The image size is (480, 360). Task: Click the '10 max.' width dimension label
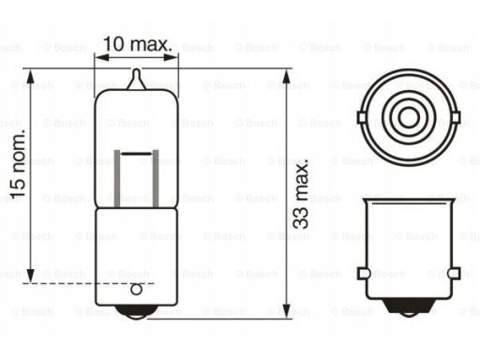138,44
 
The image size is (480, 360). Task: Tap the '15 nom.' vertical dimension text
18,163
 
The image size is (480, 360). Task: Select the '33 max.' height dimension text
301,193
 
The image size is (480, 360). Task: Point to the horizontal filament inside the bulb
136,154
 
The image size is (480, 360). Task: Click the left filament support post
117,179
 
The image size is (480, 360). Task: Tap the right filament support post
156,179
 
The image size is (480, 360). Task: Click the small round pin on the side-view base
136,290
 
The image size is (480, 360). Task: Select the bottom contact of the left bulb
136,312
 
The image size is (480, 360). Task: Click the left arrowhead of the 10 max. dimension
101,57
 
